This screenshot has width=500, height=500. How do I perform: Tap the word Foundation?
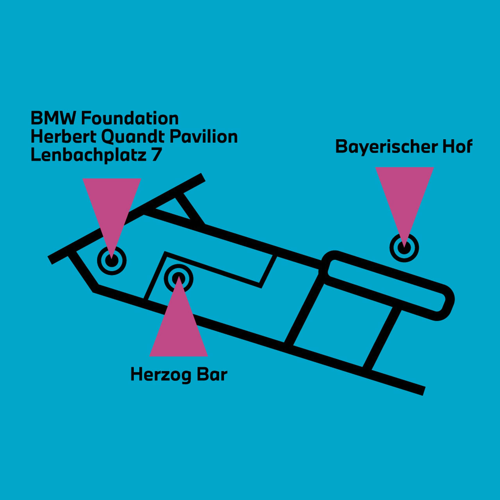130,118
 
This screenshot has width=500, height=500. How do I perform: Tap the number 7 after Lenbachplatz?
156,155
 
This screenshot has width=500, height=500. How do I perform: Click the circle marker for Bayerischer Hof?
404,248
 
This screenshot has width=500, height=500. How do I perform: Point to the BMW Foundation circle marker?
112,260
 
